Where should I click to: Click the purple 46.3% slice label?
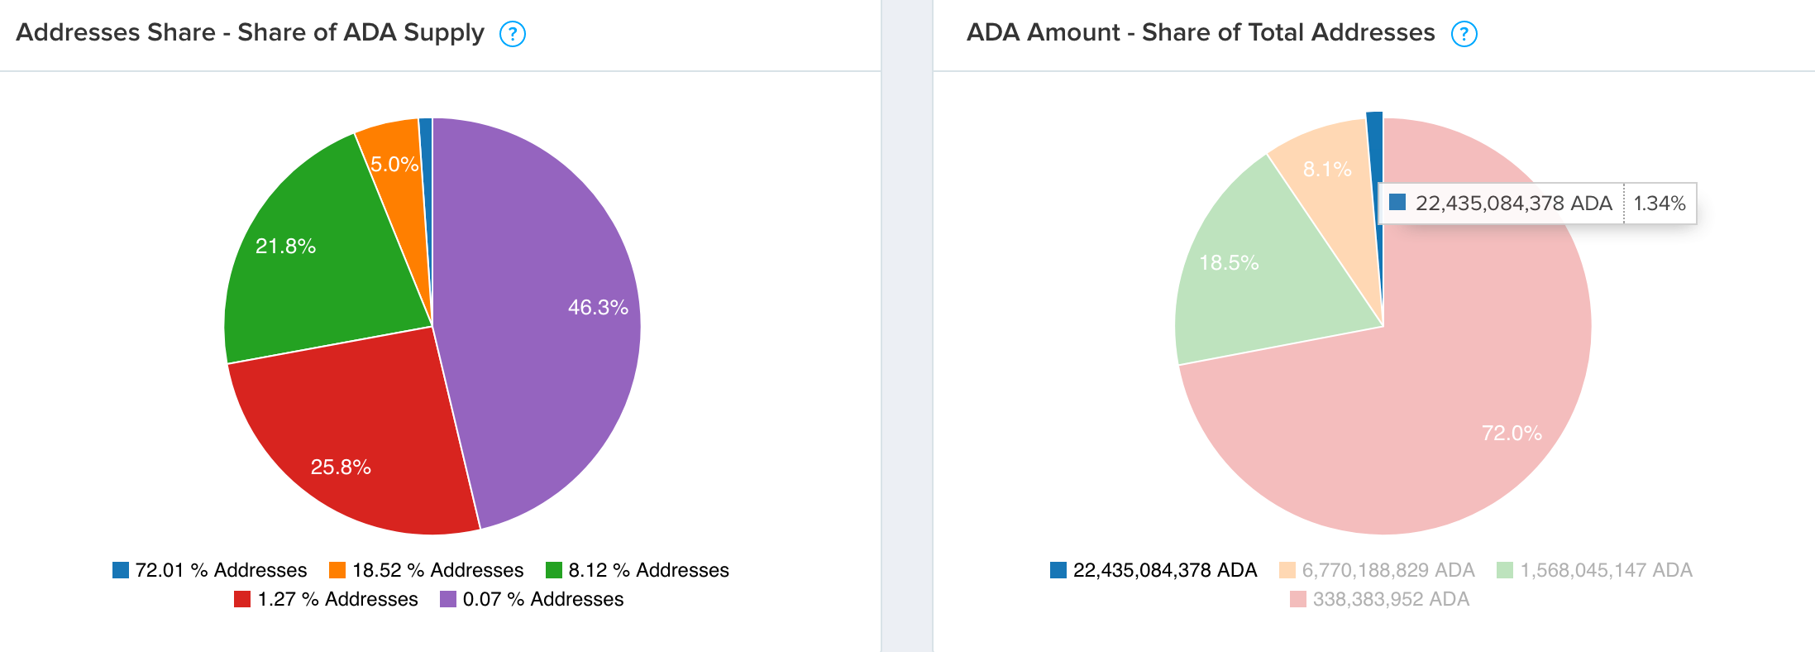pyautogui.click(x=597, y=308)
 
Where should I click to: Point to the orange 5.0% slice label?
pyautogui.click(x=394, y=165)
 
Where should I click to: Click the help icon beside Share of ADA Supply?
pyautogui.click(x=513, y=34)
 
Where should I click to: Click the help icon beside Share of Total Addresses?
pyautogui.click(x=1464, y=34)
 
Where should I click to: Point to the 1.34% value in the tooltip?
pyautogui.click(x=1660, y=204)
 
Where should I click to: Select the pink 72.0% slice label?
pyautogui.click(x=1512, y=434)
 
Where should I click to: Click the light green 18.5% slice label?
pyautogui.click(x=1229, y=263)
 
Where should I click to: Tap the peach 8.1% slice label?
pyautogui.click(x=1327, y=170)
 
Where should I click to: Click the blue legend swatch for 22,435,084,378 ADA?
pyautogui.click(x=1058, y=570)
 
